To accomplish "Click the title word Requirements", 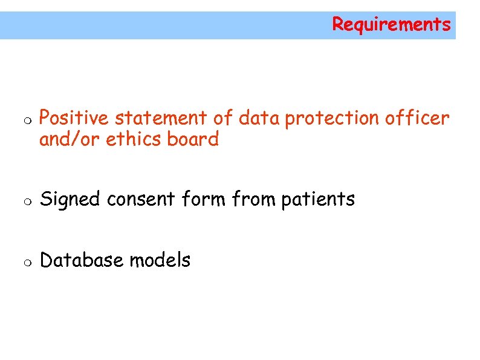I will click(x=391, y=25).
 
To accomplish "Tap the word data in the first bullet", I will click(x=259, y=118).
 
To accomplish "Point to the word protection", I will click(x=332, y=119).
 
